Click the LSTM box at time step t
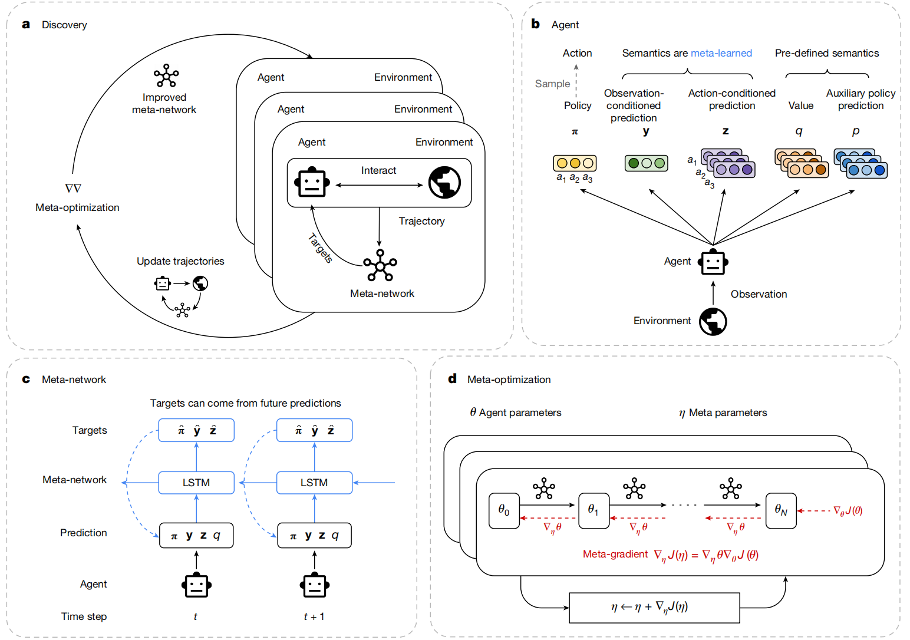coord(196,483)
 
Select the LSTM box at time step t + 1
coord(314,483)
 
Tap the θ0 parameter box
coord(504,510)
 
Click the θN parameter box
coord(781,510)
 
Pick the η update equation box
coord(654,608)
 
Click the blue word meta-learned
coord(721,53)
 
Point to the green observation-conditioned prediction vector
coord(646,163)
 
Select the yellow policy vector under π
coord(575,163)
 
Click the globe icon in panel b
coord(713,322)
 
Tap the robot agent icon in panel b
coord(713,263)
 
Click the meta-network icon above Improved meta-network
coord(166,75)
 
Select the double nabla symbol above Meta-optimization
coord(73,189)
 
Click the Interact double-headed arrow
coord(379,185)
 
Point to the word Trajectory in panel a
coord(421,221)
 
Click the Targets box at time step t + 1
coord(314,430)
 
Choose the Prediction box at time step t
coord(196,536)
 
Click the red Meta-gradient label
coord(615,554)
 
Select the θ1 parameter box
coord(594,510)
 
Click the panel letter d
coord(452,379)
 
